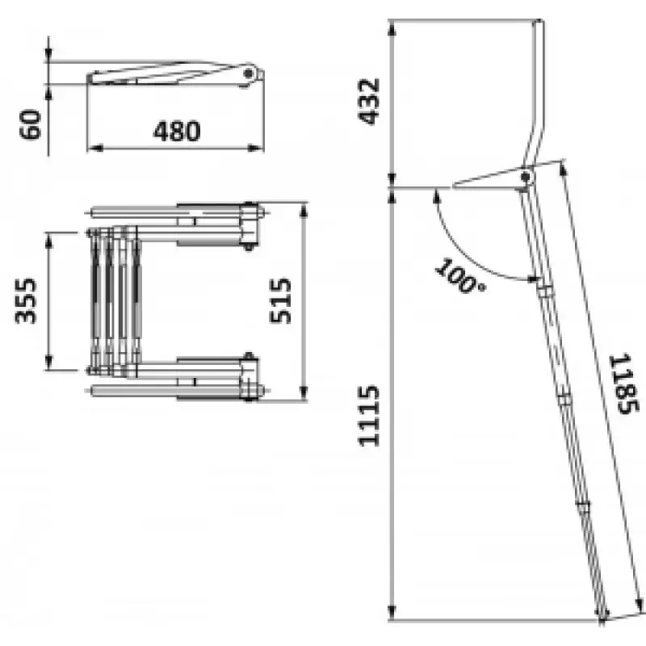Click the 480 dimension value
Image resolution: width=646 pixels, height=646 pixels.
(177, 131)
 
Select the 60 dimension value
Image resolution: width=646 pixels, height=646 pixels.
(31, 124)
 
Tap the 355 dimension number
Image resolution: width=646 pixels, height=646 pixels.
(26, 301)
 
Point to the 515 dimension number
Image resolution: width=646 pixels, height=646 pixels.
(280, 300)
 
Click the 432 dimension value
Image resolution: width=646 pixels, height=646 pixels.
(368, 102)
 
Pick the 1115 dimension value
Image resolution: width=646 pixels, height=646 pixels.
(368, 416)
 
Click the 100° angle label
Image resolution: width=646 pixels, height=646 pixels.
(459, 276)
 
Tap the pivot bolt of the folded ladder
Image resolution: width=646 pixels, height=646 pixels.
(248, 73)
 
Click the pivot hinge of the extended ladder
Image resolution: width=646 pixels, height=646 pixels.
(525, 178)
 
